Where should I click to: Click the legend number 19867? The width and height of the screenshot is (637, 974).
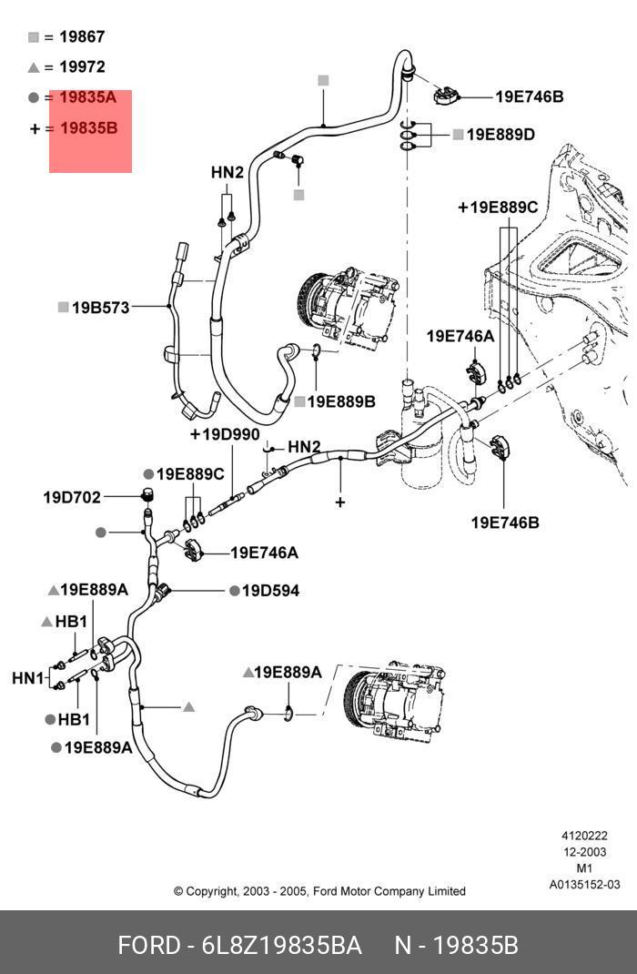(x=82, y=36)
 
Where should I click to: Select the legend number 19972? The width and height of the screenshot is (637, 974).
(x=82, y=66)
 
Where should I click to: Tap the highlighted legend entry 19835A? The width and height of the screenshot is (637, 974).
(x=87, y=96)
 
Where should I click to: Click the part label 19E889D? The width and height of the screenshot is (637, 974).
(x=500, y=134)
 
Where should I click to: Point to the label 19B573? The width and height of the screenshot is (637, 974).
(x=101, y=308)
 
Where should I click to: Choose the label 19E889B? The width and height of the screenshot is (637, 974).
(x=341, y=402)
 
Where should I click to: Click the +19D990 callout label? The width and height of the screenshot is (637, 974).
(x=225, y=434)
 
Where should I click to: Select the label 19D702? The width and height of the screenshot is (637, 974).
(x=71, y=498)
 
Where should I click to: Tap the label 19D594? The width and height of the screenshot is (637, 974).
(x=270, y=591)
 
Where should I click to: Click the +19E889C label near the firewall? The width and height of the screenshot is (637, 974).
(x=498, y=207)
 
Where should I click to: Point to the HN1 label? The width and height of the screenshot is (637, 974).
(x=28, y=677)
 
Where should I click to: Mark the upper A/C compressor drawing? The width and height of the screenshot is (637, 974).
(x=347, y=306)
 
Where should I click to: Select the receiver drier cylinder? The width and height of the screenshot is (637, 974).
(x=421, y=435)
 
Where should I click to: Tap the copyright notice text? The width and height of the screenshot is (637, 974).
(x=319, y=891)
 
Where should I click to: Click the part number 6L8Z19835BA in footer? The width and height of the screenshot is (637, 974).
(x=282, y=946)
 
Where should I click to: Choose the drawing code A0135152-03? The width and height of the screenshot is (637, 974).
(x=584, y=885)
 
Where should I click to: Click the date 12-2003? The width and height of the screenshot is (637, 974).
(x=584, y=852)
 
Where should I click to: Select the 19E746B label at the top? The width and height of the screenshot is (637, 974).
(x=530, y=96)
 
